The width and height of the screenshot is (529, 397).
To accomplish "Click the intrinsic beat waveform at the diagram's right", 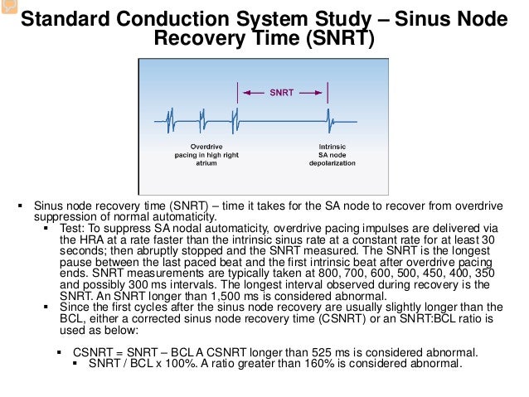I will point(328,120).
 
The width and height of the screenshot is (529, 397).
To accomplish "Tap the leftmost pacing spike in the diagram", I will point(170,121).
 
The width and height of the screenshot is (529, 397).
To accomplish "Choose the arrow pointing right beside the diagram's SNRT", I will point(312,94).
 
